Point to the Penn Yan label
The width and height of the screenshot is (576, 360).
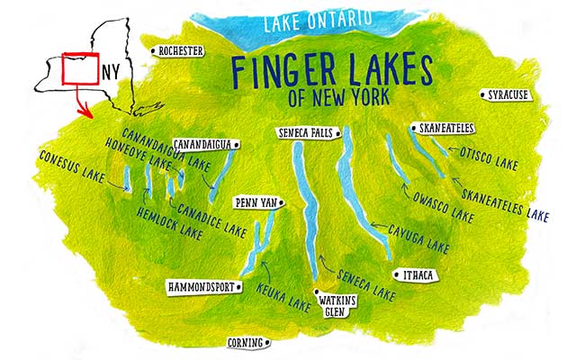(254, 202)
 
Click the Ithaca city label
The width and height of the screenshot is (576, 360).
(418, 274)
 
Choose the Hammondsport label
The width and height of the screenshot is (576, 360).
(202, 287)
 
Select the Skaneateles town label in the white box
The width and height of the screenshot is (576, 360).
(441, 129)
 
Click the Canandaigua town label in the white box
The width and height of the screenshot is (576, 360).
(202, 144)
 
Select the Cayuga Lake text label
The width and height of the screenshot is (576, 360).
(418, 235)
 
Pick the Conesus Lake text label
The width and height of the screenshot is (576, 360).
(71, 165)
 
